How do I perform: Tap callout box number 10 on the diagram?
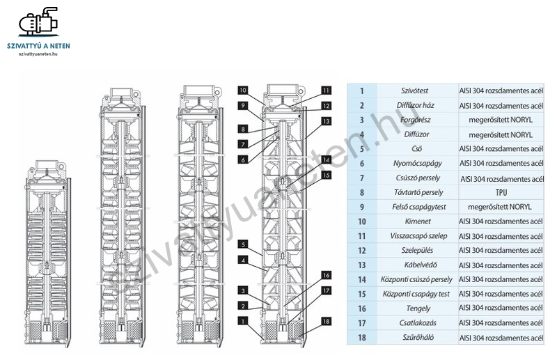[x=242, y=90]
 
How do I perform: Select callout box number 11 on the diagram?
[x=326, y=90]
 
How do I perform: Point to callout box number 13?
[x=326, y=121]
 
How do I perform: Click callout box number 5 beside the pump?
[x=242, y=244]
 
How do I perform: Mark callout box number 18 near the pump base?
[x=326, y=321]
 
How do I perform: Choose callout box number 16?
[x=326, y=275]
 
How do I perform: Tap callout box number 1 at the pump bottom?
[x=242, y=321]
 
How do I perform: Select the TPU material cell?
[x=501, y=191]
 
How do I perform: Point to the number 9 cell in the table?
[x=361, y=207]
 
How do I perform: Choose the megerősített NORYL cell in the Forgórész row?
[x=501, y=120]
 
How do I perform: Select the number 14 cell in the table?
[x=361, y=280]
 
